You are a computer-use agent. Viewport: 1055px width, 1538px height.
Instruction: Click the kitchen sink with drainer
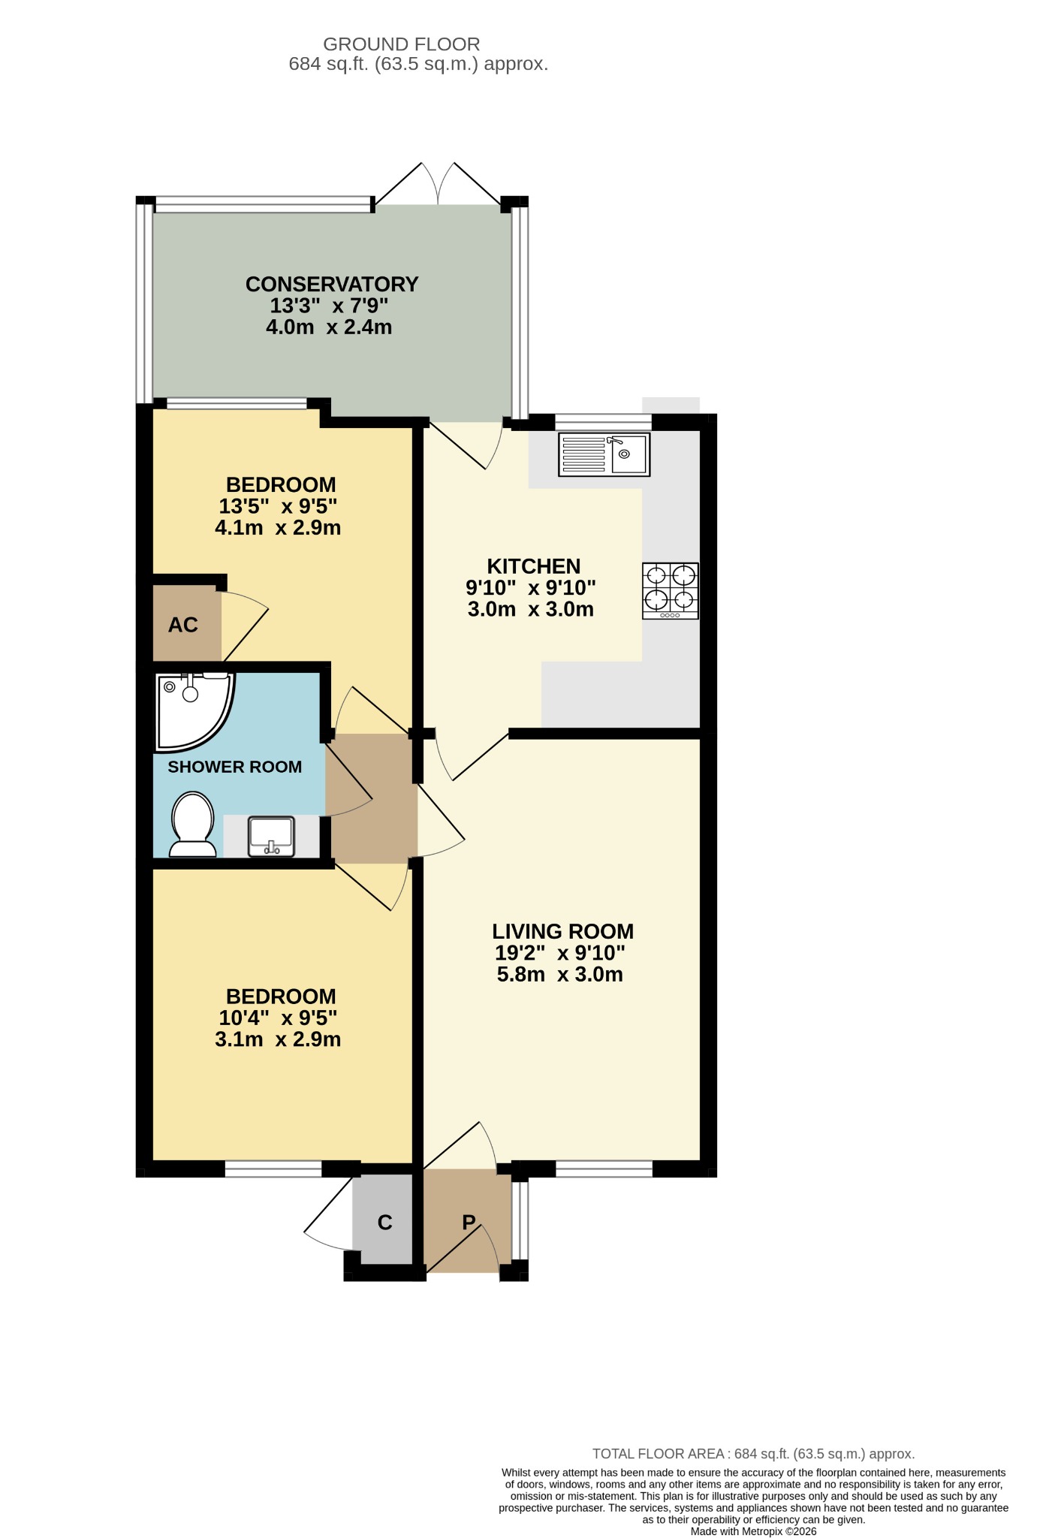604,454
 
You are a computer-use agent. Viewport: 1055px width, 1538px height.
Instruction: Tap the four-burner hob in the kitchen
670,590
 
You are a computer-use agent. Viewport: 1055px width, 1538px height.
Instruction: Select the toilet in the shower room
193,825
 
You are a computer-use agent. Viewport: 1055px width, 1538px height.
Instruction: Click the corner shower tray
191,709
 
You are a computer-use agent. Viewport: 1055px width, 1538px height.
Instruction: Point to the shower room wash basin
272,836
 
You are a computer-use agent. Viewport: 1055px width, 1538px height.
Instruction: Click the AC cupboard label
183,625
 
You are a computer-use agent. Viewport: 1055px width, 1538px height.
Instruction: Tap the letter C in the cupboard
384,1223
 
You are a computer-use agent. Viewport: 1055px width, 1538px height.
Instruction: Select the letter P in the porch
469,1222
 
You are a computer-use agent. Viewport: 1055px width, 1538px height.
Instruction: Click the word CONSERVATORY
331,285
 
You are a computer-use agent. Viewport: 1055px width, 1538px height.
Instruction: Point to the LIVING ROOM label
562,931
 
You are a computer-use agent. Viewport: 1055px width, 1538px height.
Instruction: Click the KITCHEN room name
533,566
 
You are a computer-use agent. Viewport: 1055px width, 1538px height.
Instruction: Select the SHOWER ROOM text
234,767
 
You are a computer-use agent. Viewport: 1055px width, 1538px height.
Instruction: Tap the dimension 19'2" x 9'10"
559,953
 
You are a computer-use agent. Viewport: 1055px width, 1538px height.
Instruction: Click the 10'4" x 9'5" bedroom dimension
278,1018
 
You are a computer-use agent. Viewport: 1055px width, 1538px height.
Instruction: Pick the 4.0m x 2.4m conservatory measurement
329,327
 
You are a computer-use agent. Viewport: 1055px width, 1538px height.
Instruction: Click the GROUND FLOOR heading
401,44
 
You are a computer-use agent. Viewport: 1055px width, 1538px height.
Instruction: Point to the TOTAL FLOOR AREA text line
753,1454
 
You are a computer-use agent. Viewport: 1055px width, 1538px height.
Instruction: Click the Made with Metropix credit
753,1531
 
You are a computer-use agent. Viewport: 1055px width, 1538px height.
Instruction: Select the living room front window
604,1168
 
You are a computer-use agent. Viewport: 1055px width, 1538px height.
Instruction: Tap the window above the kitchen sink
603,421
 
